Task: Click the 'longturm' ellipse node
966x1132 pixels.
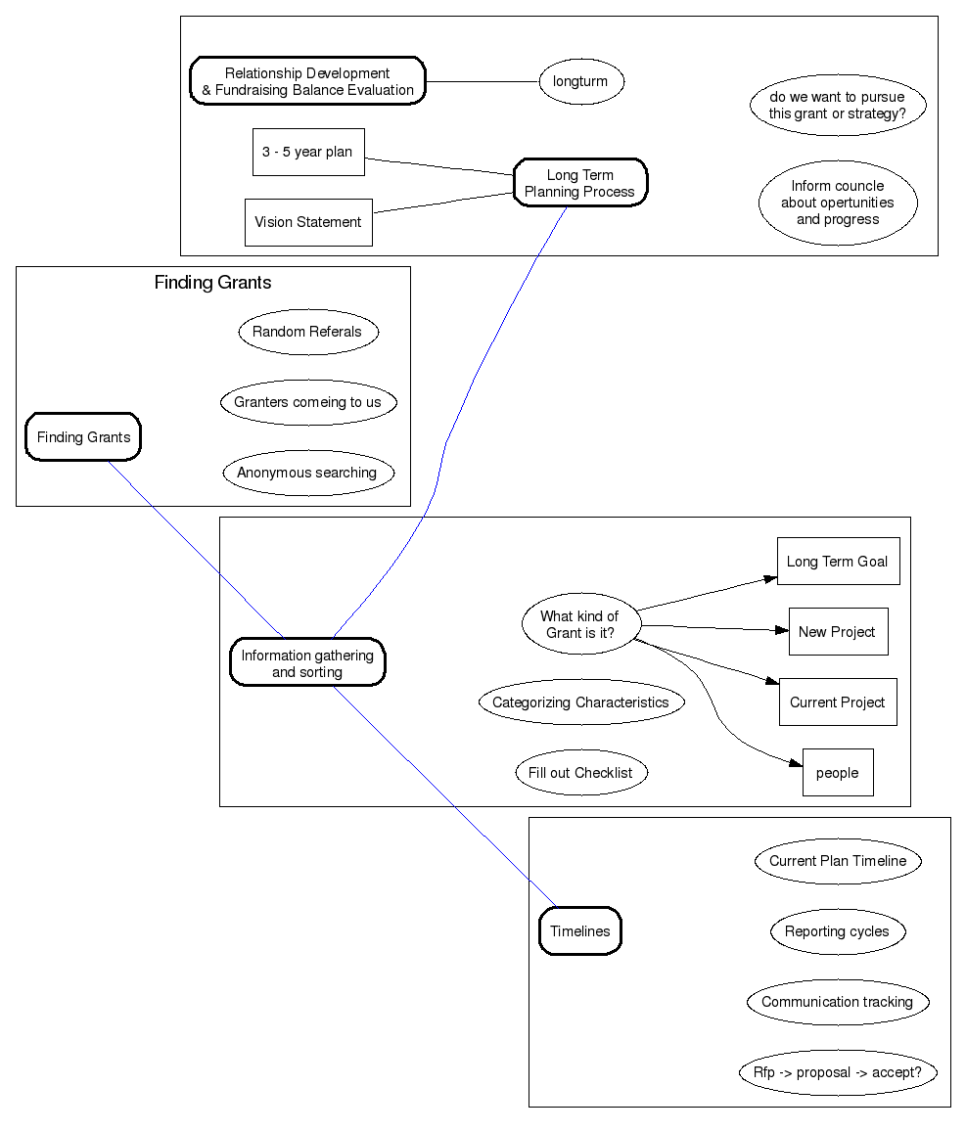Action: point(581,81)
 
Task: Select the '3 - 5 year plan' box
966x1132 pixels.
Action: point(308,152)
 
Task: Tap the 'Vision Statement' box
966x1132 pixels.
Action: point(308,222)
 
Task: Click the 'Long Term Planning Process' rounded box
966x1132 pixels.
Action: point(580,183)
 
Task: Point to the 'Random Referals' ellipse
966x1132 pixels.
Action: point(308,332)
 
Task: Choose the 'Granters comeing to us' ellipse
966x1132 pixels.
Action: point(308,402)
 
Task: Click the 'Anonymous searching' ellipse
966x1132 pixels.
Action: point(308,473)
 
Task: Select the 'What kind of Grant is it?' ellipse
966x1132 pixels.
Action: point(580,624)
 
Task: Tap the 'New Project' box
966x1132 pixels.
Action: point(838,632)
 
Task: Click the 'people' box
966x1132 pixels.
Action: point(838,773)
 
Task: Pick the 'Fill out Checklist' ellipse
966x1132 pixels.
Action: point(581,773)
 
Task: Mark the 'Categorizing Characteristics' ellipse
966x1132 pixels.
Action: point(581,702)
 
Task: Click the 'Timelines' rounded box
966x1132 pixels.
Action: point(580,931)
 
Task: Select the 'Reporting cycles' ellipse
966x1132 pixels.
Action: point(838,931)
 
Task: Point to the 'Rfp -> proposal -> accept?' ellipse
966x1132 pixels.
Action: point(838,1072)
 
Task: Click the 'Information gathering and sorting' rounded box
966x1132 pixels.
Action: point(307,663)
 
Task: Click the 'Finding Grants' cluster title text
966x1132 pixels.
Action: point(212,283)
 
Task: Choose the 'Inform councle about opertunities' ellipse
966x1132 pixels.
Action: point(838,203)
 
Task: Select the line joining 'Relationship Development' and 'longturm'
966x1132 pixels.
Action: point(482,81)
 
